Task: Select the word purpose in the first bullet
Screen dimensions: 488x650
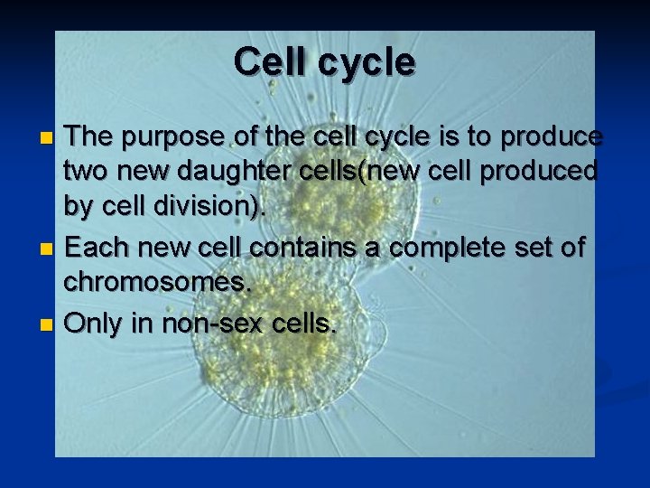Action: (172, 137)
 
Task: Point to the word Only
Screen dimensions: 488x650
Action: (97, 322)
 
